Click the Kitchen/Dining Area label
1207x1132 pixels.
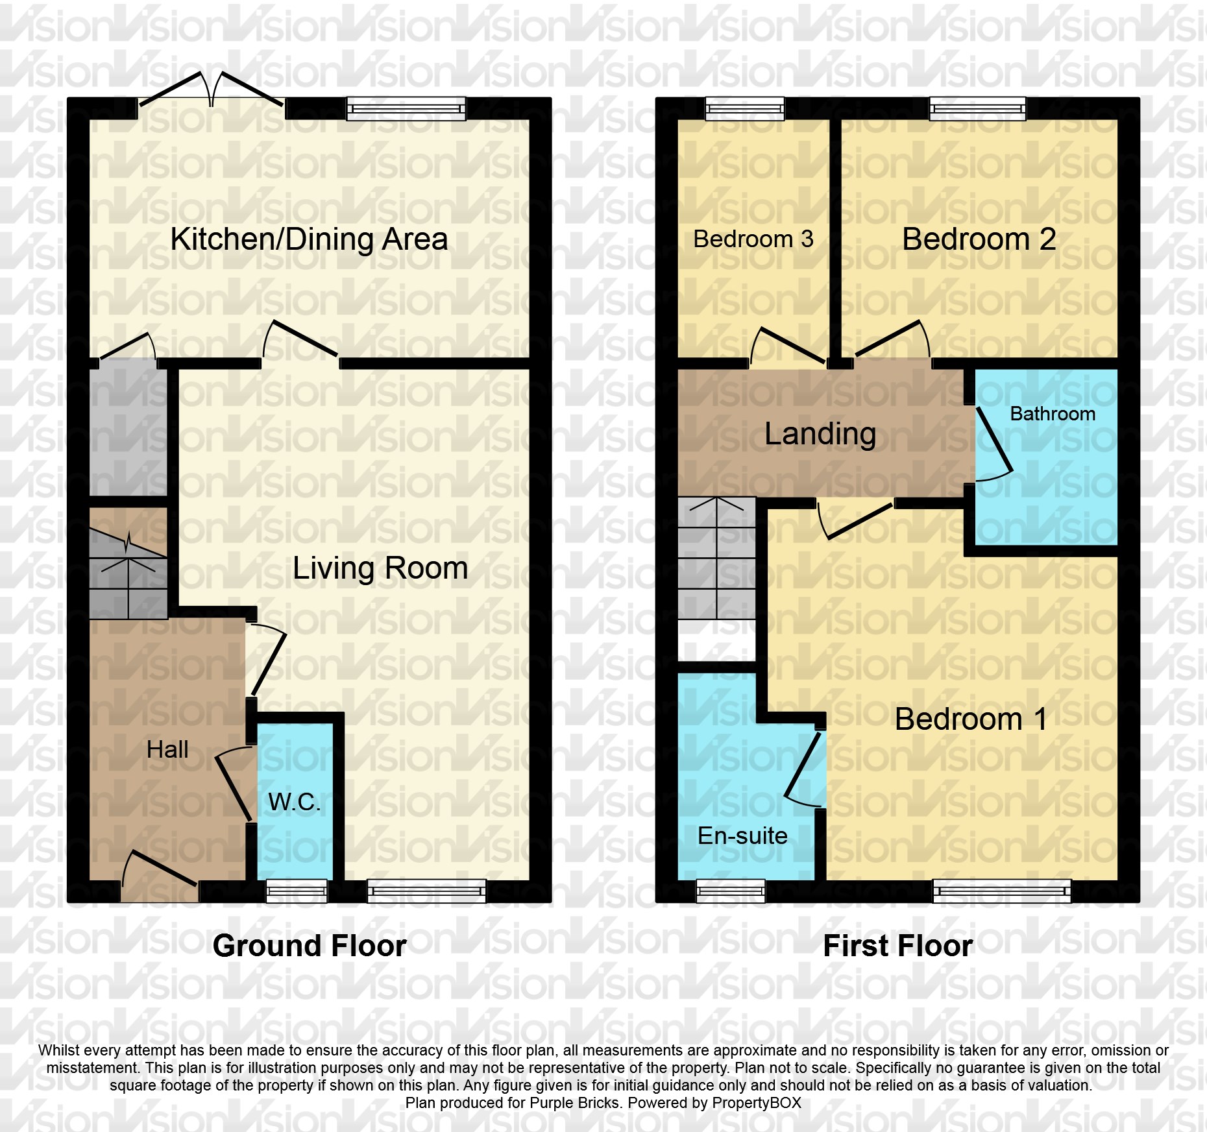click(309, 239)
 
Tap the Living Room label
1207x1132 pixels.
click(380, 568)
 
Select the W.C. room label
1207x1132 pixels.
click(294, 802)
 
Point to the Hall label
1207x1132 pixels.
click(167, 750)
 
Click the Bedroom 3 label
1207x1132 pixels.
click(753, 239)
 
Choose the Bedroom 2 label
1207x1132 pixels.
click(979, 239)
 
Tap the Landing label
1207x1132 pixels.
click(820, 433)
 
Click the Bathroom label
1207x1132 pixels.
click(1053, 414)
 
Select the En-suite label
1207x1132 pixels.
click(742, 836)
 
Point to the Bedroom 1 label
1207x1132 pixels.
click(971, 719)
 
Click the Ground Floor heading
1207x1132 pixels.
click(310, 946)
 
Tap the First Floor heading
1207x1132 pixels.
click(897, 946)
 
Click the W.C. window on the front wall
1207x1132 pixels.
click(297, 891)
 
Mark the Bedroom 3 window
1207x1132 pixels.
click(745, 108)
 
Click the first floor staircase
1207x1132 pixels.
click(717, 558)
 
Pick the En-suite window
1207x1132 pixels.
click(731, 891)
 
